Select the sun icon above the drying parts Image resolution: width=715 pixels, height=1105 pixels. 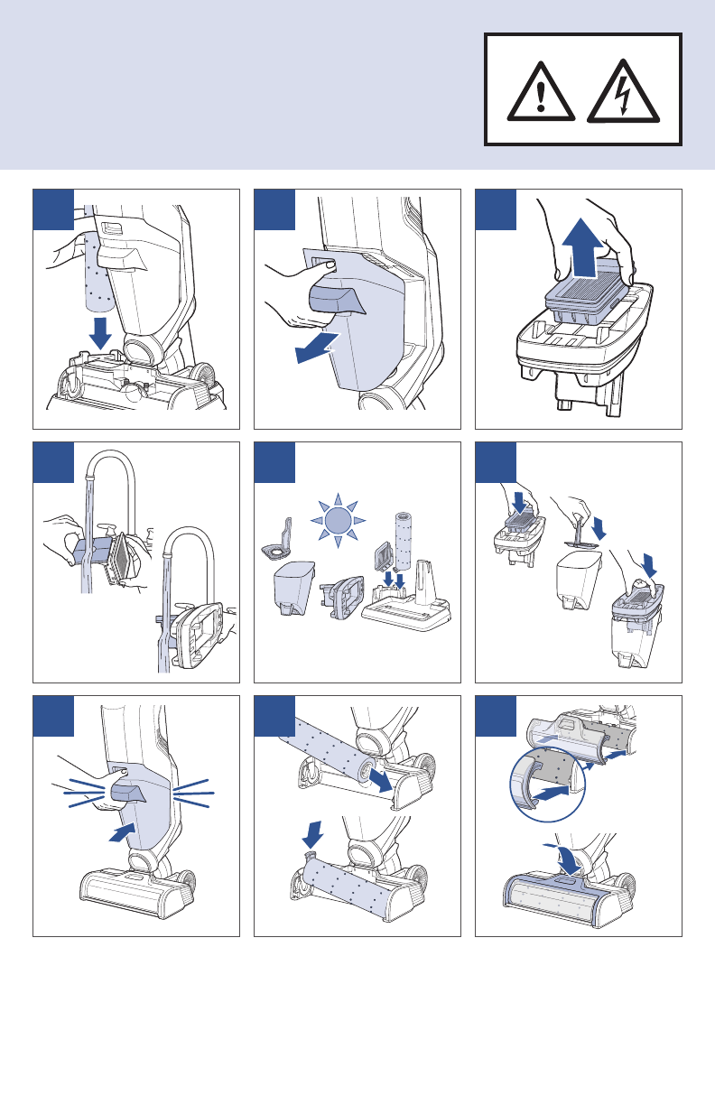(x=337, y=520)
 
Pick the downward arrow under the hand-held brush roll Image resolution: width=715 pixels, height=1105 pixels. (x=100, y=332)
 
